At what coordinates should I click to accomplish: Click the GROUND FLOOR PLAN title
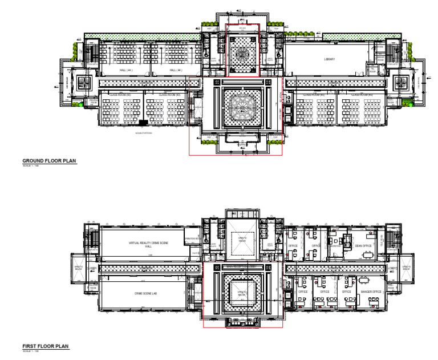tap(49, 161)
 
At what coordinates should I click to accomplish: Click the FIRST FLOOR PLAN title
tap(45, 346)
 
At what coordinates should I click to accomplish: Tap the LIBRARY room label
tap(329, 59)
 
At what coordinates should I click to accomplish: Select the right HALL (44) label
tap(175, 70)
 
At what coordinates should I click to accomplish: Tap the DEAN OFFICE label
tap(363, 246)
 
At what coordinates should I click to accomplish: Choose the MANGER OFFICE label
tap(371, 292)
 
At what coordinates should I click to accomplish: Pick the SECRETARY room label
tap(335, 246)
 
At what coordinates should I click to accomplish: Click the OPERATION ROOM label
tap(193, 239)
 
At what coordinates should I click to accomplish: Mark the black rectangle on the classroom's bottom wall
tap(143, 123)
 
